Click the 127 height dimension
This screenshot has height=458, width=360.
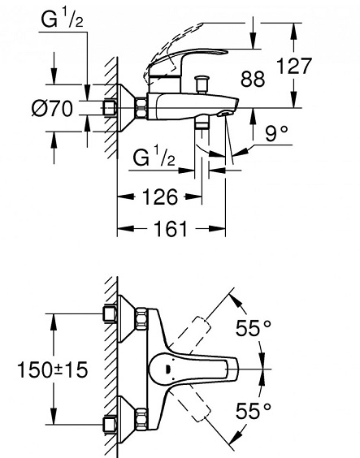294,66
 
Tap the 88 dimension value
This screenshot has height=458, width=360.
253,79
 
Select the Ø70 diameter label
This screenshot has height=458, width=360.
52,108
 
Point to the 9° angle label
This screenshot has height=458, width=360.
276,133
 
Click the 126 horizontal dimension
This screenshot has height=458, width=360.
160,197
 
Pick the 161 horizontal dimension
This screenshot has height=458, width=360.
171,228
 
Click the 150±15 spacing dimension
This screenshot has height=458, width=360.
53,369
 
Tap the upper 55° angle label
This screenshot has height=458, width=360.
254,328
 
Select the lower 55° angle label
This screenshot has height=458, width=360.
254,411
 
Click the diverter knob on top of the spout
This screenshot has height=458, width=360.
202,84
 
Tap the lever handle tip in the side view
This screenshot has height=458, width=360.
223,52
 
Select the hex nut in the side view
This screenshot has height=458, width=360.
141,109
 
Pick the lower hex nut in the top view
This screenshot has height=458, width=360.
141,418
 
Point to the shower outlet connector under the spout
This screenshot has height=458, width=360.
202,124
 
